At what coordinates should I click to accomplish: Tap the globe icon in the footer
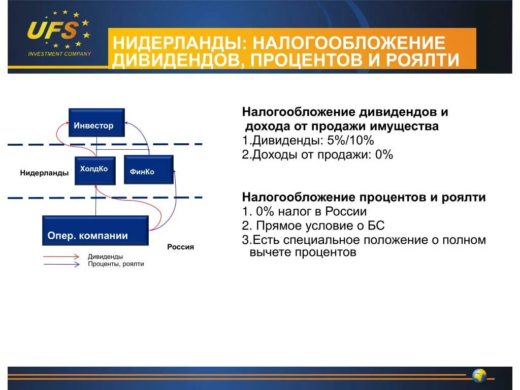click(479, 376)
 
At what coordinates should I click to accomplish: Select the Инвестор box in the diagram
click(96, 123)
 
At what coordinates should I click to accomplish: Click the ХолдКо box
click(94, 170)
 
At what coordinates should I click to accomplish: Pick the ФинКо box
click(148, 170)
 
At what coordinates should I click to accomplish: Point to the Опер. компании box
click(95, 231)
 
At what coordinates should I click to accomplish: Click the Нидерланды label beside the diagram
click(44, 173)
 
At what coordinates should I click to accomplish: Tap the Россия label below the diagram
click(181, 247)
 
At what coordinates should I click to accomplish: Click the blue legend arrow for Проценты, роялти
click(61, 264)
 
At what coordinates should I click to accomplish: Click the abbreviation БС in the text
click(375, 225)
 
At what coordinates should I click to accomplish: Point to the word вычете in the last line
click(270, 252)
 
